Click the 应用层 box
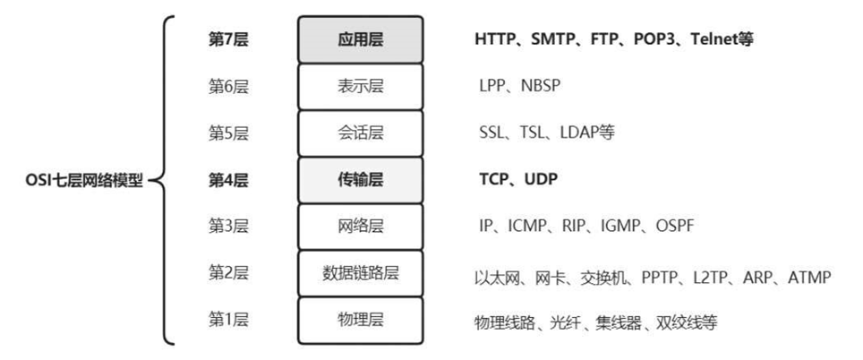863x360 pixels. pos(360,39)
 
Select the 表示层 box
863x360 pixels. pos(360,86)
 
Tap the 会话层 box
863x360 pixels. pos(360,133)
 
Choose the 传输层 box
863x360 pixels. pos(360,180)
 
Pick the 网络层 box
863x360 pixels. pos(360,227)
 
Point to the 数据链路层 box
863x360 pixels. pos(360,273)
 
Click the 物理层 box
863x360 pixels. pos(360,321)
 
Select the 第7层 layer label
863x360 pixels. pos(227,39)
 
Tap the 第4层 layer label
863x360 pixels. pos(227,180)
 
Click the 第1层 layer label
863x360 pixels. pos(227,321)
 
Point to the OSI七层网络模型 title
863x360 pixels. pos(84,180)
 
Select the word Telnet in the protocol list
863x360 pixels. pos(714,39)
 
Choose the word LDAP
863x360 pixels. pos(578,133)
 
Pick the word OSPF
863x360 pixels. pos(675,227)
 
